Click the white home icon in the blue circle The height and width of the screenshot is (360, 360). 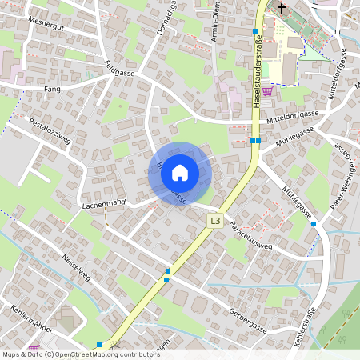(180, 173)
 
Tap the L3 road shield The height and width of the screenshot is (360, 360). (214, 220)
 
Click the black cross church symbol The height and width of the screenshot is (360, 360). (281, 9)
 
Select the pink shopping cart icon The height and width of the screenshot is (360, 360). (266, 92)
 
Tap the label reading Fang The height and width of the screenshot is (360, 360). (53, 89)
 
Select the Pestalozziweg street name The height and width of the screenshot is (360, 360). (50, 129)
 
